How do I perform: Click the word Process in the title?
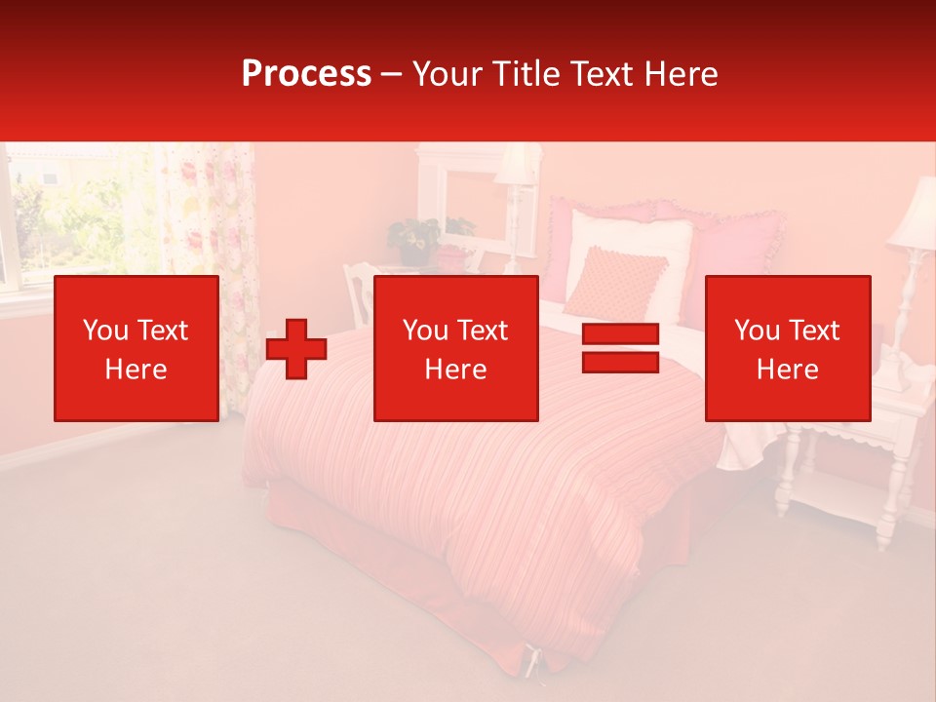(306, 74)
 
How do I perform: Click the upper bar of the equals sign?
(620, 334)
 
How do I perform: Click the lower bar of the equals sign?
(620, 363)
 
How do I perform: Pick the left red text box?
(136, 348)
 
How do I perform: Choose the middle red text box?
(455, 348)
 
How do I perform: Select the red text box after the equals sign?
(787, 348)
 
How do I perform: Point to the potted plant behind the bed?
(415, 240)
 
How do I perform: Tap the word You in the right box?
(757, 331)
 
